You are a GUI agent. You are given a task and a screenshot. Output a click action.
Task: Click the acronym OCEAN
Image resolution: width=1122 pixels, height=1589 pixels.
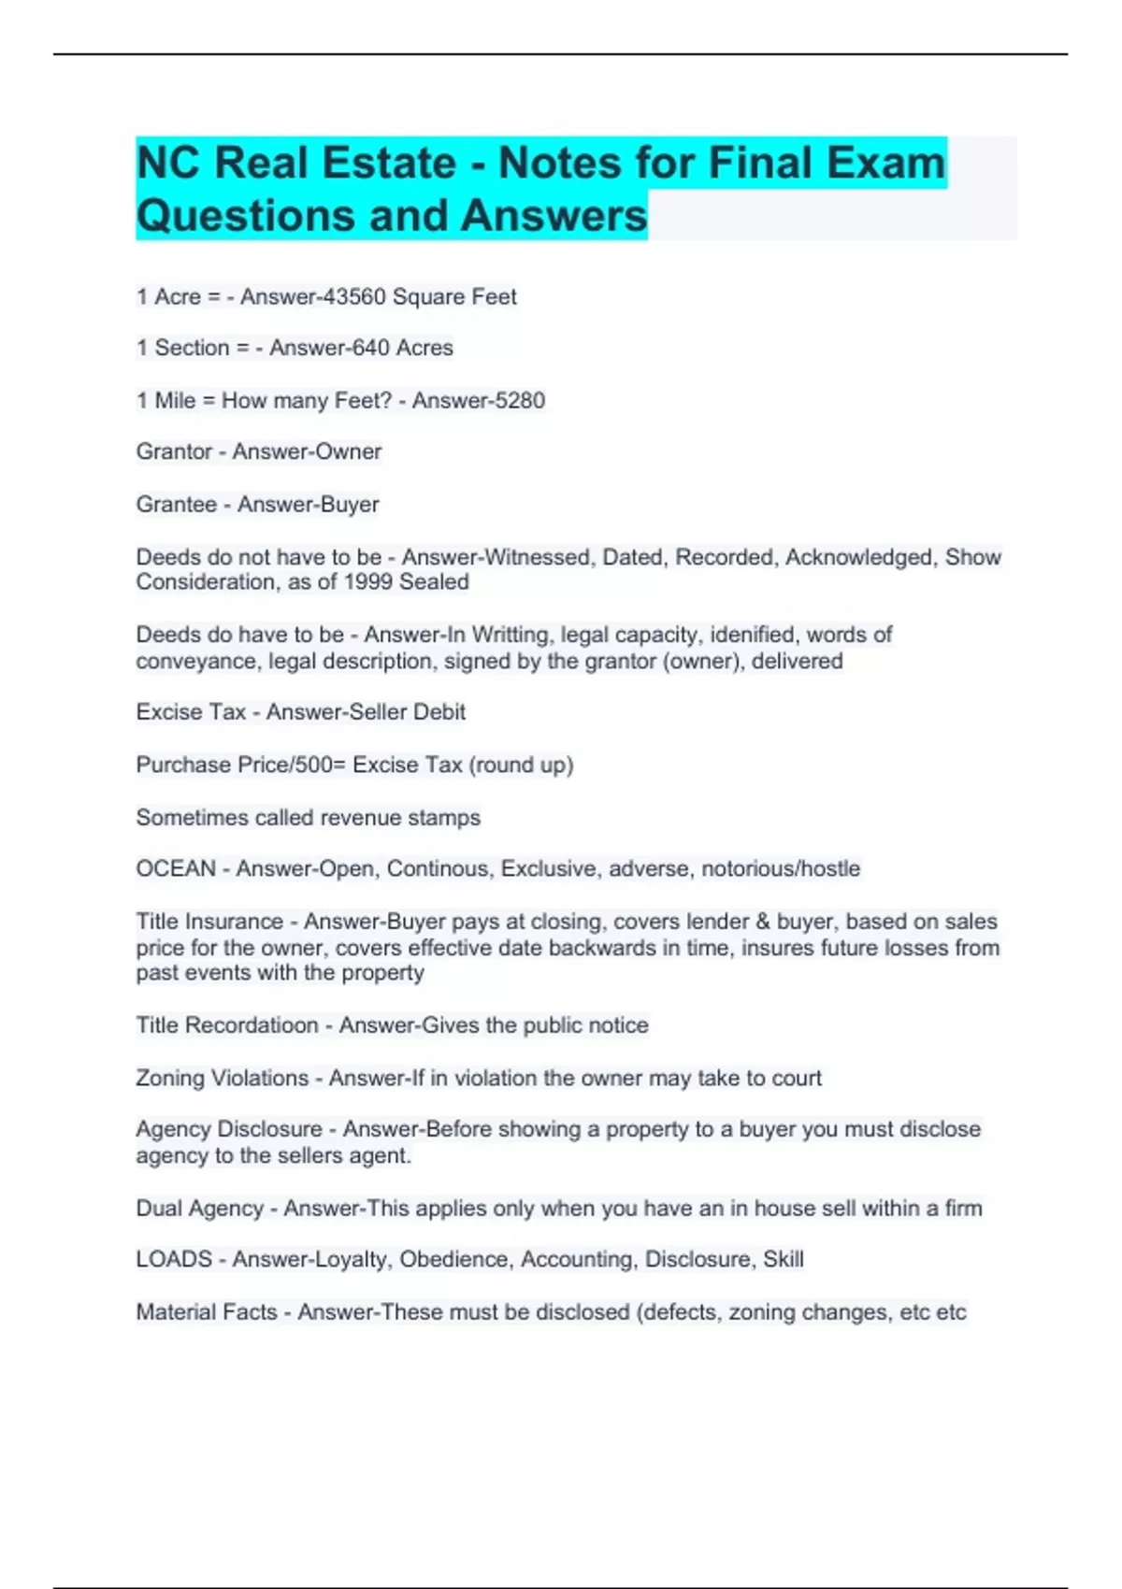pos(176,869)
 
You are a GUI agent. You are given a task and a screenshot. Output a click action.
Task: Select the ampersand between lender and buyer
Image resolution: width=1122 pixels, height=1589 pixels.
pos(762,922)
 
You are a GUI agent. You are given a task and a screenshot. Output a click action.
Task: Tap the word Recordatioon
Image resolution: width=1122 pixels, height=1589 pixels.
pos(252,1025)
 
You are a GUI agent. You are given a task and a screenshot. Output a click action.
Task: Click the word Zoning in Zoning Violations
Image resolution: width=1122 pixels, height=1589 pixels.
pos(170,1078)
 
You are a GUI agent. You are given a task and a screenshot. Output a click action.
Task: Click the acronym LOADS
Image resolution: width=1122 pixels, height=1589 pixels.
pos(174,1260)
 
